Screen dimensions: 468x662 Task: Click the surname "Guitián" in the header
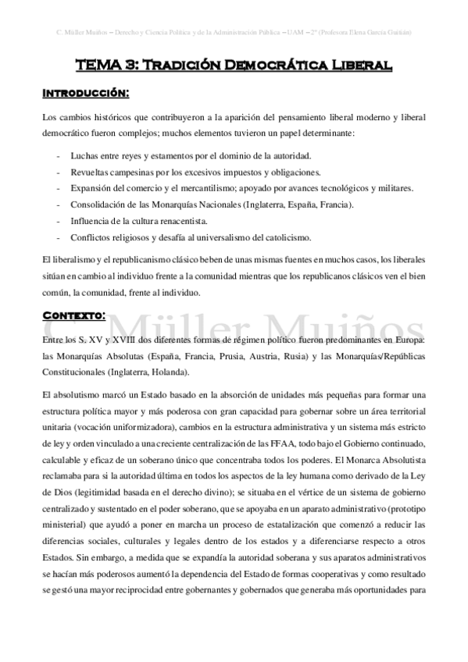click(396, 32)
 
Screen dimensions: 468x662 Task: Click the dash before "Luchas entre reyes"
click(60, 156)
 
